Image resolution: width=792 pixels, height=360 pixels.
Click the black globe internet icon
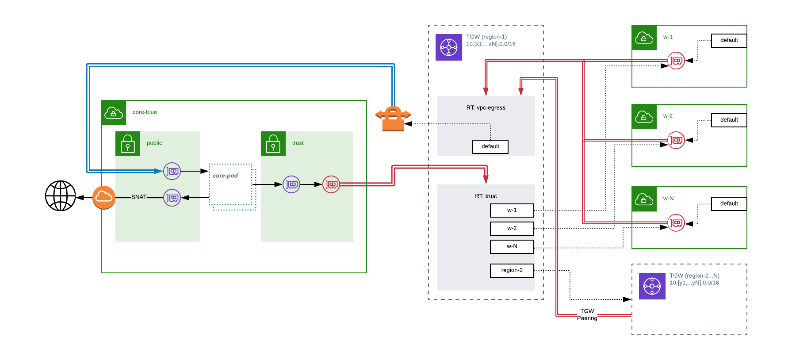61,195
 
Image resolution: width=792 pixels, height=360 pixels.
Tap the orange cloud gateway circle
104,197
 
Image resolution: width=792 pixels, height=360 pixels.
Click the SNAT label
139,197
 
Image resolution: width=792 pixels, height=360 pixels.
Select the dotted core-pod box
231,184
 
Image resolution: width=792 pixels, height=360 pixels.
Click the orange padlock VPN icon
393,119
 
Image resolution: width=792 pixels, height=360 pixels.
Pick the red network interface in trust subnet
331,184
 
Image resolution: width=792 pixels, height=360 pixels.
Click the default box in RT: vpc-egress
490,146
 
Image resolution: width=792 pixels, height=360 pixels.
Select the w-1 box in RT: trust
512,211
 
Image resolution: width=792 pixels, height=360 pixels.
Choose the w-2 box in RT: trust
512,228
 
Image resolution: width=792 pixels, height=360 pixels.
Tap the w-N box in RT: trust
512,246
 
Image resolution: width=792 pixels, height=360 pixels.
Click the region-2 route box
512,270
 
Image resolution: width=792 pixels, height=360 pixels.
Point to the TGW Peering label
587,314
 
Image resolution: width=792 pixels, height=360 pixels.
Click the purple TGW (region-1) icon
449,47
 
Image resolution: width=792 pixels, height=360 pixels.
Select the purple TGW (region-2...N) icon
652,286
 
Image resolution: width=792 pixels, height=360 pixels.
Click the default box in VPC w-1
729,40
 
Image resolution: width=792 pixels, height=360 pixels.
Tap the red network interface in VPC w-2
676,140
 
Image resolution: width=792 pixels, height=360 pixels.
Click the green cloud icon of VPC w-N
644,199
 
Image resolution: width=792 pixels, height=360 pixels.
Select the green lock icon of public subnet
128,144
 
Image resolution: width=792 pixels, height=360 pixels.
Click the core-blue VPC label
145,112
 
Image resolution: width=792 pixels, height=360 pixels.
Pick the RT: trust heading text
486,196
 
